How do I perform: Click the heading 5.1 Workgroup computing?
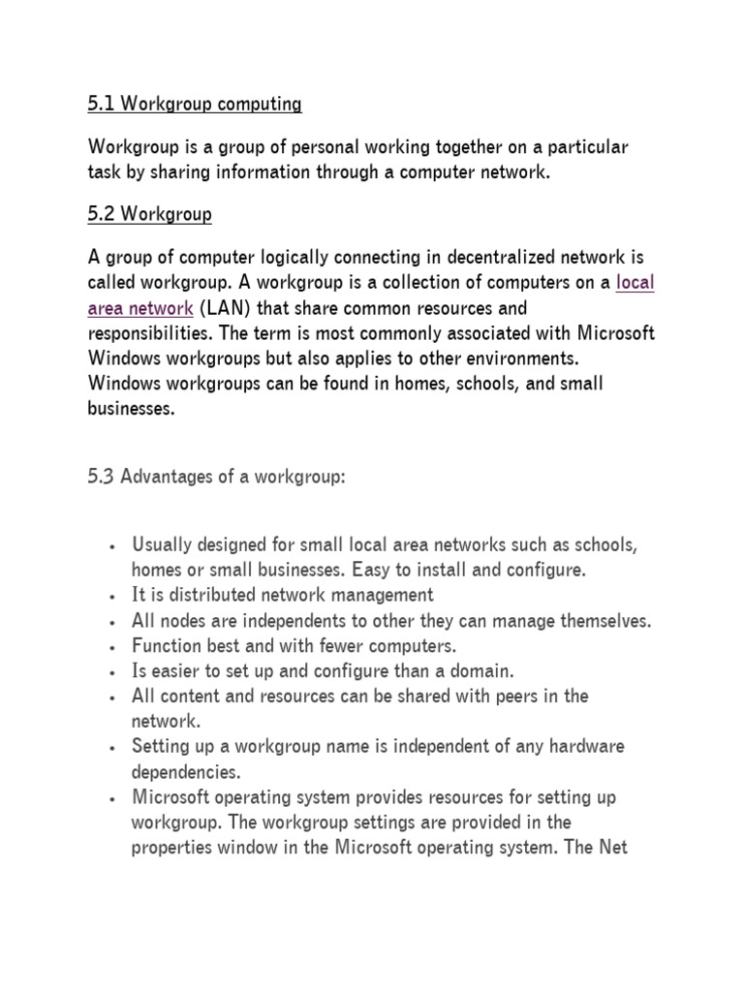tap(195, 104)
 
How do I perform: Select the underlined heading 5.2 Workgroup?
tap(149, 215)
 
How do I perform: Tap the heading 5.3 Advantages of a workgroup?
tap(216, 476)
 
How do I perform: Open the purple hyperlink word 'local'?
tap(635, 283)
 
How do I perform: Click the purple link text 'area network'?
tap(140, 308)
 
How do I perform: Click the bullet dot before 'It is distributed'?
tap(114, 596)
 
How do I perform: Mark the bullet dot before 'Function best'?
tap(114, 646)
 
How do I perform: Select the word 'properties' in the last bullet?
tap(171, 848)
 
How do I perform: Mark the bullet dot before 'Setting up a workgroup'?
tap(114, 747)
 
